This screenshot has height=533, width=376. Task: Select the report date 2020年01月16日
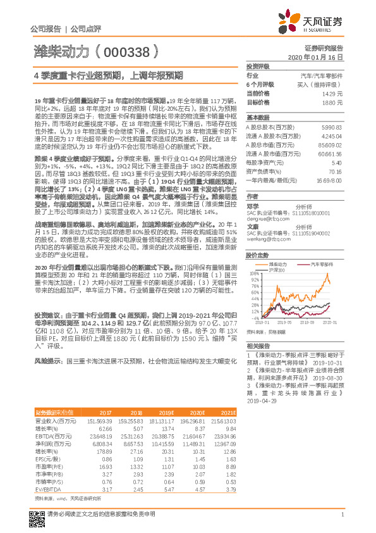(x=320, y=57)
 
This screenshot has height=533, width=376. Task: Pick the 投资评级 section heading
(x=258, y=66)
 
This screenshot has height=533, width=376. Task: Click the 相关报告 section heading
(x=258, y=346)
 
